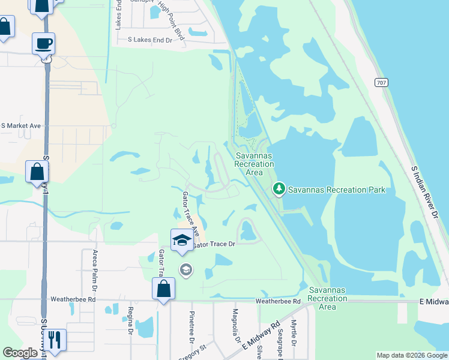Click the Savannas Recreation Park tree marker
point(279,190)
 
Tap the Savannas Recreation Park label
point(336,190)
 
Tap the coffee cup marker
point(44,44)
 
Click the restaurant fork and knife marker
point(55,339)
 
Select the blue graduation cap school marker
point(182,240)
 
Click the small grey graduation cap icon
point(185,269)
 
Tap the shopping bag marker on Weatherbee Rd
point(163,289)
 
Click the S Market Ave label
point(20,126)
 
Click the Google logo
point(20,353)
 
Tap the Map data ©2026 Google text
point(412,355)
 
